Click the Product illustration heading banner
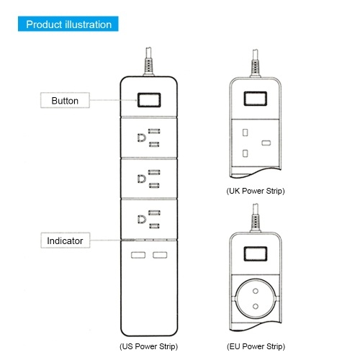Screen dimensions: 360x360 [x=68, y=24]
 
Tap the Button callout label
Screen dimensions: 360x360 [x=65, y=100]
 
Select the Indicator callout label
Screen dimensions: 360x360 [x=65, y=240]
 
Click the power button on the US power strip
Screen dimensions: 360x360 [x=149, y=100]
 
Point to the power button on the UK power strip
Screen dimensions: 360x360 [x=256, y=99]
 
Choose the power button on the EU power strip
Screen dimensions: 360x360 [x=256, y=253]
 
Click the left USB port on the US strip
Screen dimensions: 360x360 [x=138, y=255]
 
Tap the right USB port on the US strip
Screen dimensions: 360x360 [x=160, y=255]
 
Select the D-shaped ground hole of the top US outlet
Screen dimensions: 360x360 [x=142, y=138]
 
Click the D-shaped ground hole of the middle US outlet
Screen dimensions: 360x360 [x=142, y=179]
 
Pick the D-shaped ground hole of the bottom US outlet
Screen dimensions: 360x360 [x=142, y=220]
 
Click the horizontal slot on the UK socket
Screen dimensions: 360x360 [x=266, y=143]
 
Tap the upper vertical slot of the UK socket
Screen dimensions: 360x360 [x=245, y=132]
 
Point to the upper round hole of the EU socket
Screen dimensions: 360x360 [x=256, y=291]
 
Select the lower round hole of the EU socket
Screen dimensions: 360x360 [x=256, y=306]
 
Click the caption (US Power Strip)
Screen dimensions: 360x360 [x=149, y=346]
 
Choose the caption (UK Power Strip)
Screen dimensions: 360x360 [x=256, y=191]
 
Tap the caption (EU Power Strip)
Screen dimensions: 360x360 [x=256, y=346]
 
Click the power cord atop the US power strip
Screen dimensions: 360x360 [x=149, y=61]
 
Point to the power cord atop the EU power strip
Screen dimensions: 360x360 [x=256, y=218]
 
